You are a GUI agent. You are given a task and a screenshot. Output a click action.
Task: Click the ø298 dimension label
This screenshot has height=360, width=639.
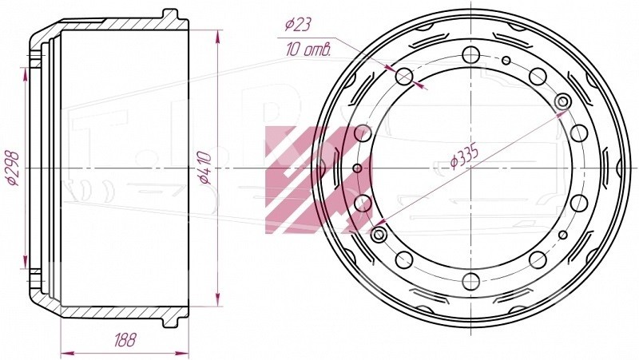tap(13, 168)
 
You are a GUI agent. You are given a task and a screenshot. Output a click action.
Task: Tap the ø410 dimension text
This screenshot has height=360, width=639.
tap(204, 168)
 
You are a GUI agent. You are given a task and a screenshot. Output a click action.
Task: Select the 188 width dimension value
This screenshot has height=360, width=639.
tap(125, 339)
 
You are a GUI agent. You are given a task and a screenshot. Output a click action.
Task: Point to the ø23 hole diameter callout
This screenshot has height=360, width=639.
tap(298, 25)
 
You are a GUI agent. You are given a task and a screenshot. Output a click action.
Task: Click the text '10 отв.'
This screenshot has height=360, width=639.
tap(308, 49)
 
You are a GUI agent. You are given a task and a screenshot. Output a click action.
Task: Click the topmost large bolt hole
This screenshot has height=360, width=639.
tap(470, 54)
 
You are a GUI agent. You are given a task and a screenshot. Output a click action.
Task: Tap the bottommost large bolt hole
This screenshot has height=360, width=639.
tap(470, 282)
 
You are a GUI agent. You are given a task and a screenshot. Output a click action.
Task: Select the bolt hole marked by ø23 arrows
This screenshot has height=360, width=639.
tap(404, 76)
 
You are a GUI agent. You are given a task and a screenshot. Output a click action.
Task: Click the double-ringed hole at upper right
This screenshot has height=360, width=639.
tap(563, 101)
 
